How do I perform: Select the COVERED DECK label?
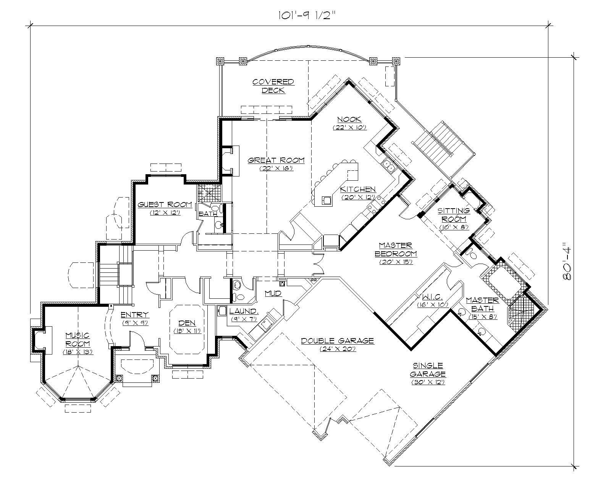click(273, 86)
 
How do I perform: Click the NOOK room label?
click(349, 120)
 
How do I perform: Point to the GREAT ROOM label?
click(276, 160)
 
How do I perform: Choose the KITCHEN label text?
click(358, 189)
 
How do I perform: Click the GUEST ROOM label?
click(159, 205)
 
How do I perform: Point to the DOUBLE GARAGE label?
click(337, 341)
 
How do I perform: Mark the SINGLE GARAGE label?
click(428, 370)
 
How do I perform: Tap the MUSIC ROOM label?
click(78, 340)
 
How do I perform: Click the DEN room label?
click(187, 323)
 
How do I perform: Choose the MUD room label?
click(273, 293)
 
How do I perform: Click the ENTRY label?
click(134, 315)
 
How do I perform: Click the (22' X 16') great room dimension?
click(276, 168)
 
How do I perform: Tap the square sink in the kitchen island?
click(327, 200)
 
